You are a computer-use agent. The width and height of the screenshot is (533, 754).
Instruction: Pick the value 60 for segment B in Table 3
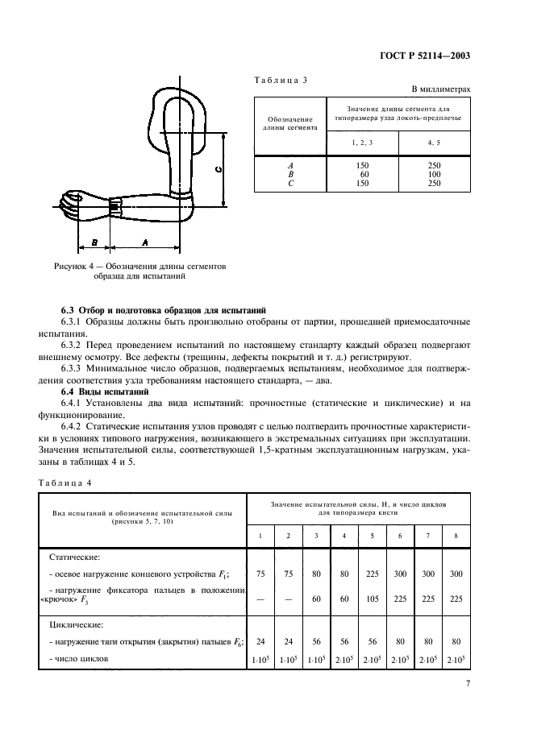pyautogui.click(x=362, y=174)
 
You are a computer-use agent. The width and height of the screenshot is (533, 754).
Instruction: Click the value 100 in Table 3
pyautogui.click(x=434, y=174)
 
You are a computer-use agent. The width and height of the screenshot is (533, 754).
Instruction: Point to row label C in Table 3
pyautogui.click(x=289, y=183)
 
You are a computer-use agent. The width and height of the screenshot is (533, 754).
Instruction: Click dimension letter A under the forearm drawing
pyautogui.click(x=144, y=242)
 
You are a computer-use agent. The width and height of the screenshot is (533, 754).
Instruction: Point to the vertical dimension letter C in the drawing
pyautogui.click(x=219, y=169)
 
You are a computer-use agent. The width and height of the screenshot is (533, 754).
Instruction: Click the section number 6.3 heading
pyautogui.click(x=69, y=310)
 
